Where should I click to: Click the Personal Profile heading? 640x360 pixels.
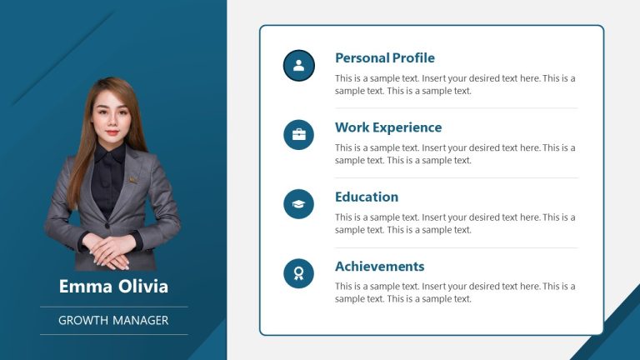point(384,58)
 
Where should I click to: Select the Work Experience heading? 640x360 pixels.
point(388,127)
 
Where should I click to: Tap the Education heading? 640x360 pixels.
point(367,197)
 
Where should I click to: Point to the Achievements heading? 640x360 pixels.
point(379,267)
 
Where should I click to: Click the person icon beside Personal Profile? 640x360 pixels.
point(299,65)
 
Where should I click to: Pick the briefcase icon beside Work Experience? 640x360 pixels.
point(299,134)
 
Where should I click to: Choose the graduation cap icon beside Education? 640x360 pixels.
point(299,204)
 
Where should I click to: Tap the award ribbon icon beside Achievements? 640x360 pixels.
point(299,273)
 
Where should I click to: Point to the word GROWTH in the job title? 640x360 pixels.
point(83,320)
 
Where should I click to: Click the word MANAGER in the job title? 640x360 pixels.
point(141,320)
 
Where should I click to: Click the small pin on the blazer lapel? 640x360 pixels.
point(131,177)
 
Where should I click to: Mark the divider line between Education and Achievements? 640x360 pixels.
point(456,247)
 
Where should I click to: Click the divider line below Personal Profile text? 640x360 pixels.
point(456,108)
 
